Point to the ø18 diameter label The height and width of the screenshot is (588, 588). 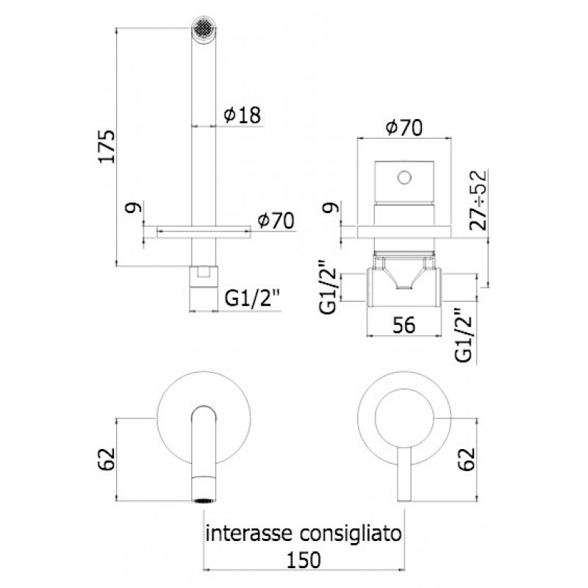[243, 115]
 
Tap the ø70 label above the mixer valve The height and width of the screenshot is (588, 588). [404, 127]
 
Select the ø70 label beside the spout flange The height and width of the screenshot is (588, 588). [276, 220]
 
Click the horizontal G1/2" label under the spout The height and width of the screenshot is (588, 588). [252, 298]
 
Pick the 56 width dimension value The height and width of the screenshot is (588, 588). [404, 325]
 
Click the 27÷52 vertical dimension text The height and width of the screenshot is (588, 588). [478, 200]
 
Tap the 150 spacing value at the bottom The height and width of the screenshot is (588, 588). [304, 560]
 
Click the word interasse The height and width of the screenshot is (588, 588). [248, 533]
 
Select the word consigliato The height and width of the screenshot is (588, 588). [350, 534]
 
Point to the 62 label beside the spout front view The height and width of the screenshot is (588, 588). [106, 459]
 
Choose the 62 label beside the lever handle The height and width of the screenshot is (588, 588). [467, 459]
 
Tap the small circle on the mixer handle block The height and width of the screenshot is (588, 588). [404, 177]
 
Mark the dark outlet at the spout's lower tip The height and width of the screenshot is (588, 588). [204, 500]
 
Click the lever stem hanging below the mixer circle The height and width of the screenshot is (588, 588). [404, 473]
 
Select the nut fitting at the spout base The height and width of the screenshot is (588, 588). [204, 277]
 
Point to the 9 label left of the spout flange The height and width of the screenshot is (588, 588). [134, 207]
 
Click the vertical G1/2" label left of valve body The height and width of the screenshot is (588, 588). [329, 287]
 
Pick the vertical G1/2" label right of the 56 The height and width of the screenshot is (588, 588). [464, 336]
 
